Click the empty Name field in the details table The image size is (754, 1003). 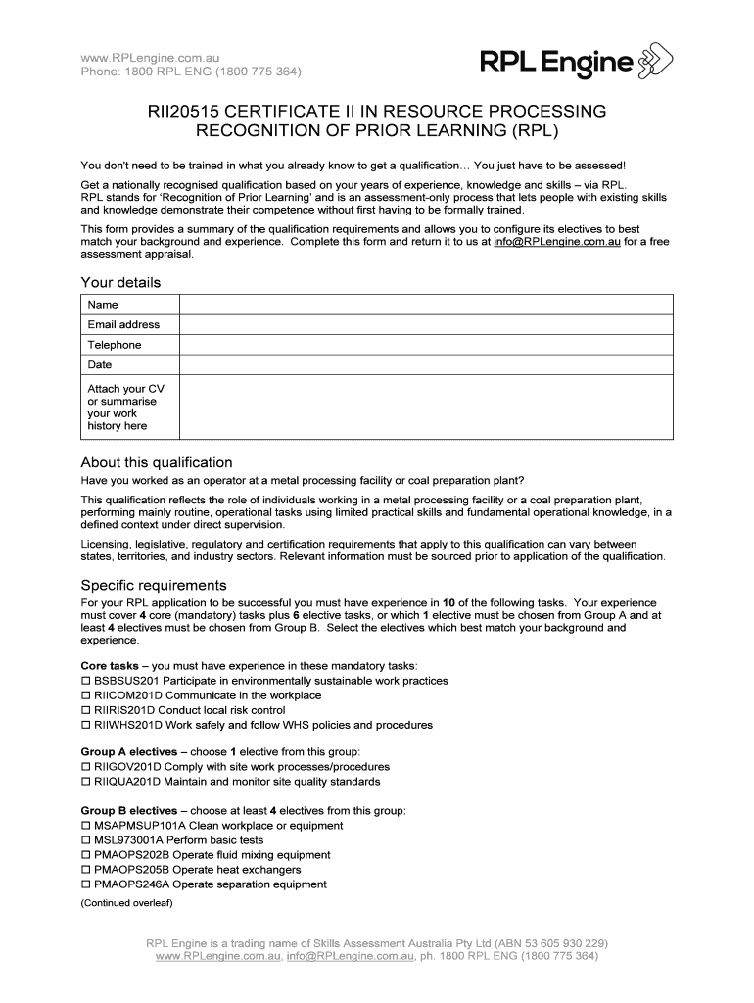(425, 305)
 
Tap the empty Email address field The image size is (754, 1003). (425, 324)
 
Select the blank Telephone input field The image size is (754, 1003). (425, 345)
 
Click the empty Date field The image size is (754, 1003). (425, 364)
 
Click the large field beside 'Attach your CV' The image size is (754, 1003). (425, 406)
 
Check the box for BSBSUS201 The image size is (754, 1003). (85, 681)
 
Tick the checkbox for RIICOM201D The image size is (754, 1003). (85, 695)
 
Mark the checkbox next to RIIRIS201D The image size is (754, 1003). (85, 710)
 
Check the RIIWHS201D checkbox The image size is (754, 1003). (85, 726)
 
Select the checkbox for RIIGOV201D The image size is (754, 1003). (85, 767)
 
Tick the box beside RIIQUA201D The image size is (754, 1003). (85, 782)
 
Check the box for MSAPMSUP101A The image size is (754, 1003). (85, 826)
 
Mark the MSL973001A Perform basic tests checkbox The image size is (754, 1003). (85, 840)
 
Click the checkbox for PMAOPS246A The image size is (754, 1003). (85, 884)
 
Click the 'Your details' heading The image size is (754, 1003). (120, 283)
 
